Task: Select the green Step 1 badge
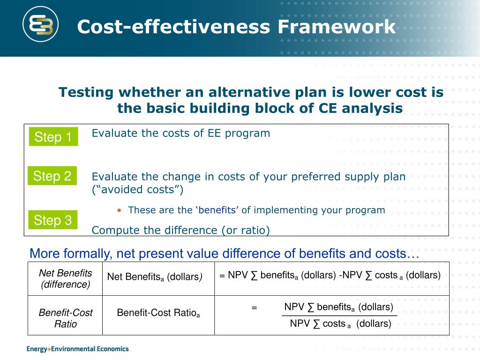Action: click(53, 137)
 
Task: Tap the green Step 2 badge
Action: click(52, 176)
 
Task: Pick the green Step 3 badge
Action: click(53, 220)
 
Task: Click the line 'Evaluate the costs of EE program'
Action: click(180, 133)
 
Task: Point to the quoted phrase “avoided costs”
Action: click(138, 190)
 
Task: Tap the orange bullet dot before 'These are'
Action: click(120, 210)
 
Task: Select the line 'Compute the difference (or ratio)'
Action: click(180, 230)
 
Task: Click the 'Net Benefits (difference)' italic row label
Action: click(65, 279)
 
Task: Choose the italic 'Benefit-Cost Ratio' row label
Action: click(65, 318)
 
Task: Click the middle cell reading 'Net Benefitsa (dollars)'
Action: click(155, 277)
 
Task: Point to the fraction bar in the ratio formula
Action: click(339, 316)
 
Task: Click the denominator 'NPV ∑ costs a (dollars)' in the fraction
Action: click(340, 324)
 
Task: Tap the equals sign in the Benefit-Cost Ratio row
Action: click(254, 308)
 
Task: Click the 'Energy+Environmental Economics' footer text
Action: click(77, 349)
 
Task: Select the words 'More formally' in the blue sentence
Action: click(70, 254)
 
